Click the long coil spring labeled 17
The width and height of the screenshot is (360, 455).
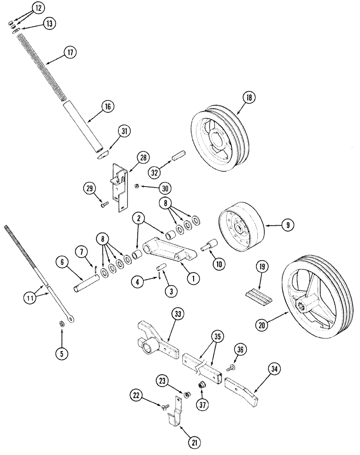tap(43, 68)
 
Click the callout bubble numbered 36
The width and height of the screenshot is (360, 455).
tap(240, 349)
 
